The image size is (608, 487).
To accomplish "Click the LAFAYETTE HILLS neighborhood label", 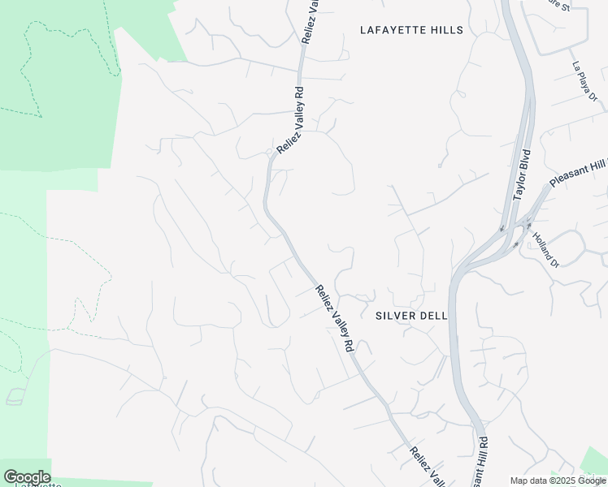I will point(411,30).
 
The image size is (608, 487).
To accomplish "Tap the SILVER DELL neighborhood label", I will point(411,315).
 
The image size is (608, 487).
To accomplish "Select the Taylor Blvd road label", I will point(522,175).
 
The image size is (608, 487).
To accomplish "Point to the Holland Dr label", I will point(545,250).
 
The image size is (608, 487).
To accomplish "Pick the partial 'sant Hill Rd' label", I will point(483,461).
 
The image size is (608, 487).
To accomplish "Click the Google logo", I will point(27,477).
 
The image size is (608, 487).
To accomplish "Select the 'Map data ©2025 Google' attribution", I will point(558,481).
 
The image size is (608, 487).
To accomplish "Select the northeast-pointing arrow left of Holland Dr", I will point(515,243).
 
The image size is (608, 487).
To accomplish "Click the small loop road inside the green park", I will point(15,398).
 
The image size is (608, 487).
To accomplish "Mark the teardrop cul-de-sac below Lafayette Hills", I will point(439,166).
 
